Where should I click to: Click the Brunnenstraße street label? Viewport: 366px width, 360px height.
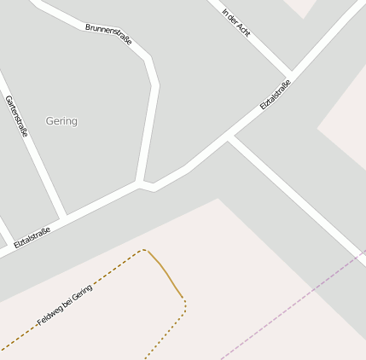click(108, 34)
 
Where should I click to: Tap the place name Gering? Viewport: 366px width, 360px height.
click(61, 121)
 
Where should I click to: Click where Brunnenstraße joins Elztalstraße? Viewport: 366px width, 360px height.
click(139, 183)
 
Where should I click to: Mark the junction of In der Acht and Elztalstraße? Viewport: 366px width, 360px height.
click(292, 73)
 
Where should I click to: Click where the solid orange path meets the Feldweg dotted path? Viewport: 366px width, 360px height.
click(148, 251)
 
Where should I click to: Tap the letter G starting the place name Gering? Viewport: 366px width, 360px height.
click(49, 121)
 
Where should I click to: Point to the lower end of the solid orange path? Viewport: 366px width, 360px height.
click(182, 297)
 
